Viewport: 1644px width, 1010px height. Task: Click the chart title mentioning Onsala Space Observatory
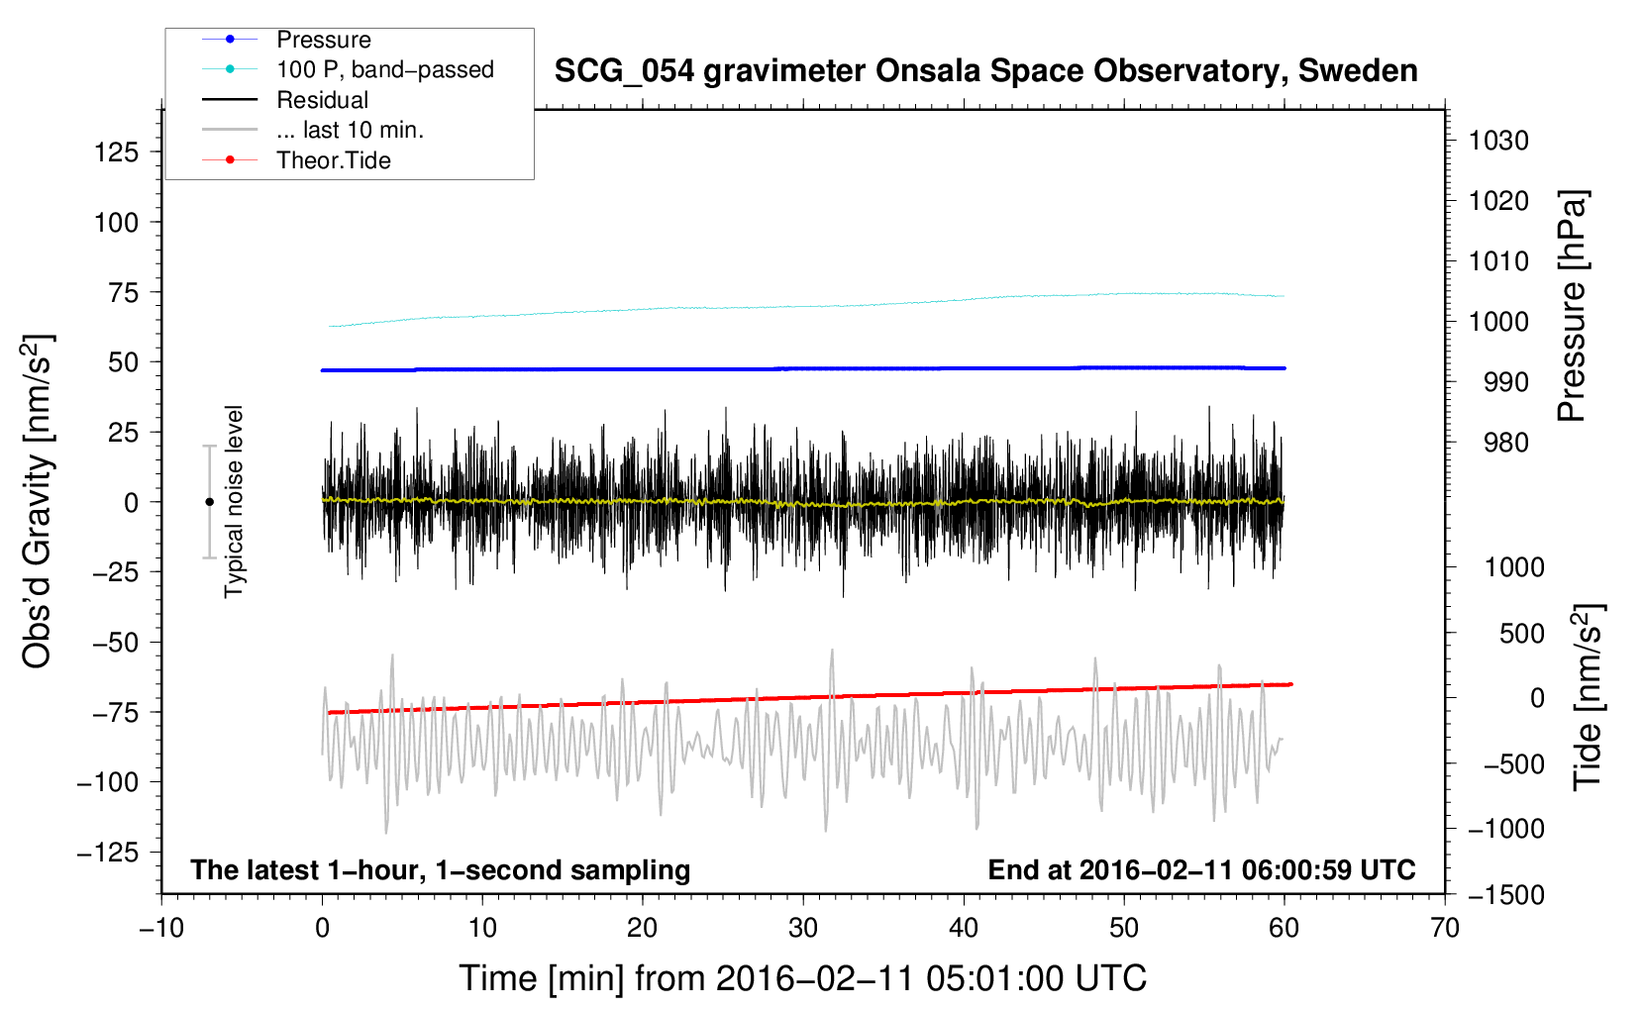click(x=985, y=71)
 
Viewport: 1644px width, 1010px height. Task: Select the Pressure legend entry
click(x=323, y=40)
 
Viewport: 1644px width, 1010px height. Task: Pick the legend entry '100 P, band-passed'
click(x=384, y=69)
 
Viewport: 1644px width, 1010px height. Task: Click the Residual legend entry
click(x=322, y=100)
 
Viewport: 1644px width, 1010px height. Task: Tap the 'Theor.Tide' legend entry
click(x=333, y=160)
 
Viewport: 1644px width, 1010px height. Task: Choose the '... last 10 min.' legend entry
click(x=350, y=130)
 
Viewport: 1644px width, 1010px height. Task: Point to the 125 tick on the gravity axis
click(x=116, y=152)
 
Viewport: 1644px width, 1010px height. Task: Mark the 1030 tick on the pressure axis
click(x=1497, y=141)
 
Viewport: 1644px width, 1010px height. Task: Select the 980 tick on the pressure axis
click(x=1505, y=443)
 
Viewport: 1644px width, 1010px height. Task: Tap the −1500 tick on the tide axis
click(x=1505, y=895)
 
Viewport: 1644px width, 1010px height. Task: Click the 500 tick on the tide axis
click(x=1521, y=633)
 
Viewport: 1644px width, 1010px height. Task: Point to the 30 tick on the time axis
click(x=803, y=929)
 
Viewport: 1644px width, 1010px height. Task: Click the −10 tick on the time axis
click(x=161, y=929)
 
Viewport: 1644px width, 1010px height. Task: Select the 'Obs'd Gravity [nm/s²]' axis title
click(x=37, y=502)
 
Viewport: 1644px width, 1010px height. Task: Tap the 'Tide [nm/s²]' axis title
click(x=1589, y=696)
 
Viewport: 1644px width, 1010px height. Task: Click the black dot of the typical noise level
click(x=209, y=502)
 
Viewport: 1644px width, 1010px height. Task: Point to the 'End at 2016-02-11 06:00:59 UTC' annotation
click(x=1201, y=870)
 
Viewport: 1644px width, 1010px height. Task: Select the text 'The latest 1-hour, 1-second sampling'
click(x=441, y=870)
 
